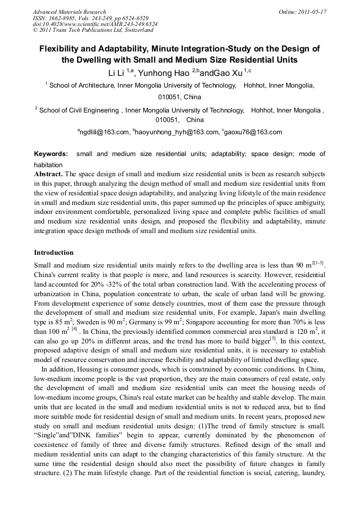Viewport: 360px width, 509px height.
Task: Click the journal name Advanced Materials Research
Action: pyautogui.click(x=69, y=12)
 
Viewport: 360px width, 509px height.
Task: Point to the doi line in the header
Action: pyautogui.click(x=95, y=24)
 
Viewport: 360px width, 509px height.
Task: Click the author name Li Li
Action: pyautogui.click(x=116, y=73)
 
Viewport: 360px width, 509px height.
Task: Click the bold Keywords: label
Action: pyautogui.click(x=51, y=154)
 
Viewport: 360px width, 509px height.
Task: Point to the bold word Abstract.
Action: pyautogui.click(x=48, y=174)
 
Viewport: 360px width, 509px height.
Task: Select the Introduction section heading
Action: pyautogui.click(x=54, y=253)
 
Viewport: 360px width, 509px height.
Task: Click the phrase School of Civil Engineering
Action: pyautogui.click(x=79, y=110)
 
